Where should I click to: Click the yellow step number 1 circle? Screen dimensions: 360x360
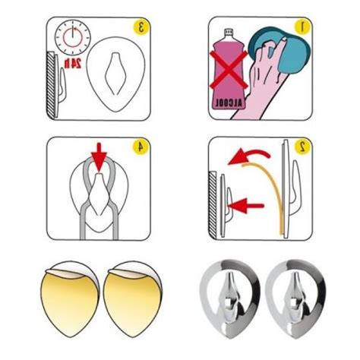click(x=302, y=27)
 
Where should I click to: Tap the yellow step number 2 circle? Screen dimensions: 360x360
click(x=302, y=147)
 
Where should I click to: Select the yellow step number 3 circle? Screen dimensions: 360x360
click(x=141, y=27)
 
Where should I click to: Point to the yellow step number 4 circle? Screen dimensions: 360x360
click(x=141, y=147)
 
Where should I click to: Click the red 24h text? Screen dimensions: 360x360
click(x=73, y=63)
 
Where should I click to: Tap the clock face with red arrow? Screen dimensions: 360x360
click(x=73, y=38)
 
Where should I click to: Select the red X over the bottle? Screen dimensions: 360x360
click(x=229, y=70)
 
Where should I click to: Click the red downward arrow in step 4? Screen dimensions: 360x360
click(x=99, y=157)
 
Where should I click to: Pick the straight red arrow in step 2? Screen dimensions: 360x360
click(x=247, y=206)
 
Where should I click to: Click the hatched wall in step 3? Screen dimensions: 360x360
click(x=52, y=85)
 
